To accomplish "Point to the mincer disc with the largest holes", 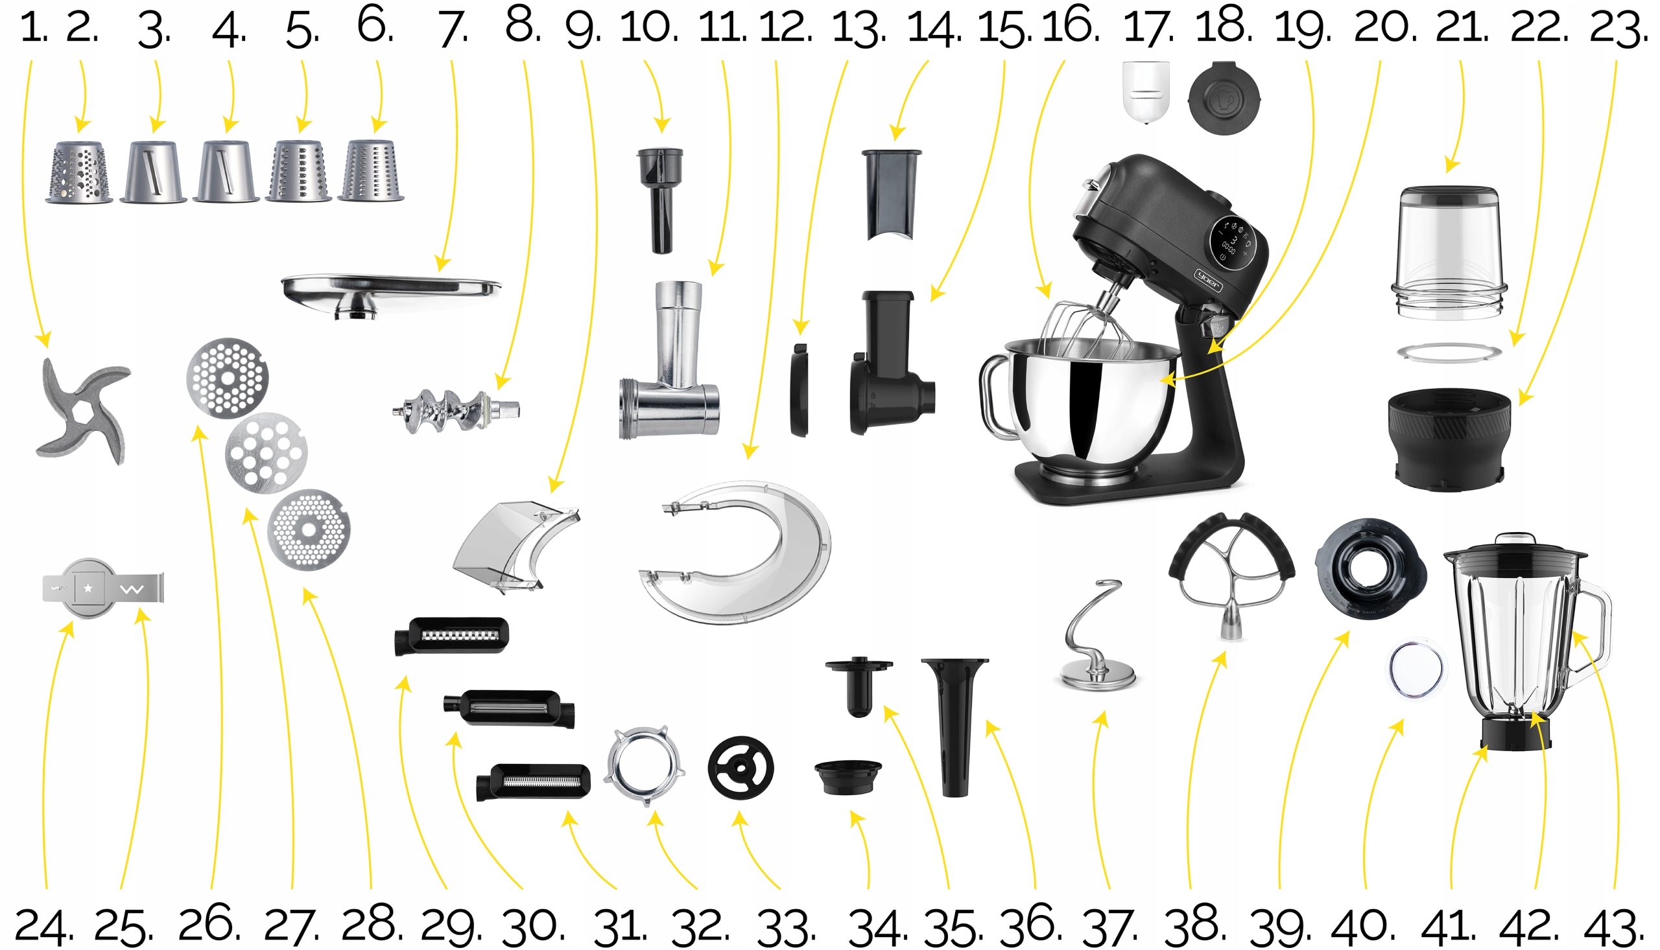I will click(x=266, y=453).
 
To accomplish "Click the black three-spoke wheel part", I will click(x=741, y=769).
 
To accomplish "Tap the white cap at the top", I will click(x=1146, y=91).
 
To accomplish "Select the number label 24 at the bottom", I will click(x=42, y=927).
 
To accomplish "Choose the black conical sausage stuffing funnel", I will click(x=954, y=724).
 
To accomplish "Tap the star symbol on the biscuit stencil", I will click(x=88, y=588).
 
